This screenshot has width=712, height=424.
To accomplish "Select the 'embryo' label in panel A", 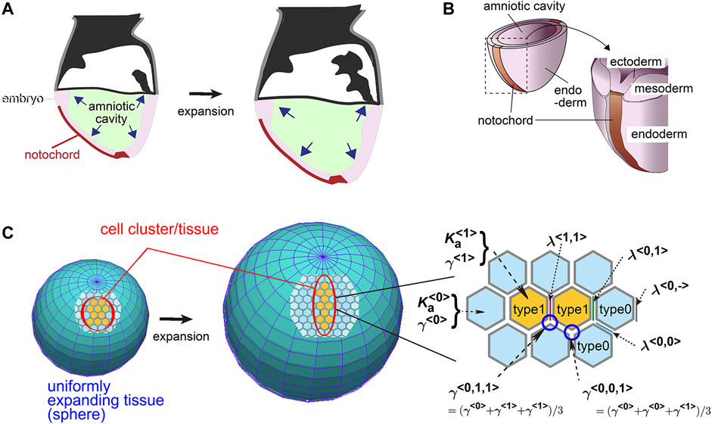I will [21, 98].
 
